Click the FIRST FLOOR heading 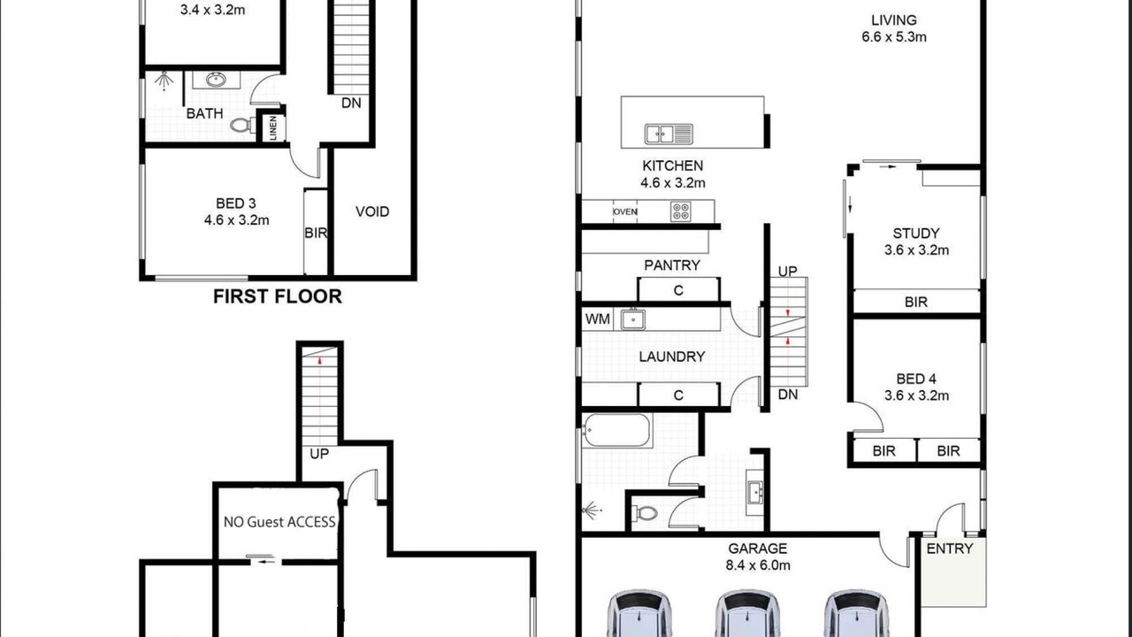[278, 296]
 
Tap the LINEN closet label [273, 128]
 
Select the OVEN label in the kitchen [625, 211]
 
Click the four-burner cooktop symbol [681, 211]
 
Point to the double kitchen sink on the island [669, 134]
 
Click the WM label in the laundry [597, 319]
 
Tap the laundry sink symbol [632, 319]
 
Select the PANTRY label [672, 265]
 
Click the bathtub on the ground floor [616, 430]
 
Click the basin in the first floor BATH [217, 80]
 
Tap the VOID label [372, 211]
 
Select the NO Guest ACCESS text [279, 522]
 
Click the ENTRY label [950, 549]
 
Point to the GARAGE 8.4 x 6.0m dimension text [758, 565]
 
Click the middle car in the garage [747, 613]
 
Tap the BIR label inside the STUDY [916, 302]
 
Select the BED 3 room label [236, 203]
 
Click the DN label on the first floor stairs [351, 104]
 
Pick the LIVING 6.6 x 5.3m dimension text [894, 37]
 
